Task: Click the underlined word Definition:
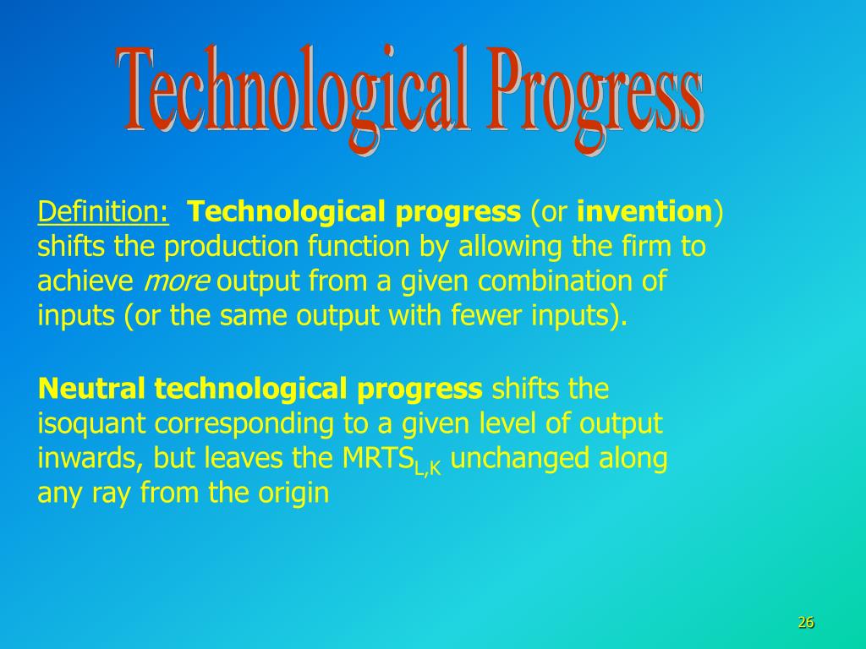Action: (x=102, y=212)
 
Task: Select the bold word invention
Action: (x=644, y=212)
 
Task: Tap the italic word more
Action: (x=176, y=282)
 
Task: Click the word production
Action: (x=232, y=248)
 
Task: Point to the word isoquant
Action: (x=91, y=425)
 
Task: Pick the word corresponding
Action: (x=244, y=425)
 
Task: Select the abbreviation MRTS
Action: (x=378, y=457)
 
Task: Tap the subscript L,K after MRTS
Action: (x=427, y=468)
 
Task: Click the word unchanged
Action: (x=520, y=459)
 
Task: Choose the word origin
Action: (x=293, y=493)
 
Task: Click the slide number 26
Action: (x=806, y=623)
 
